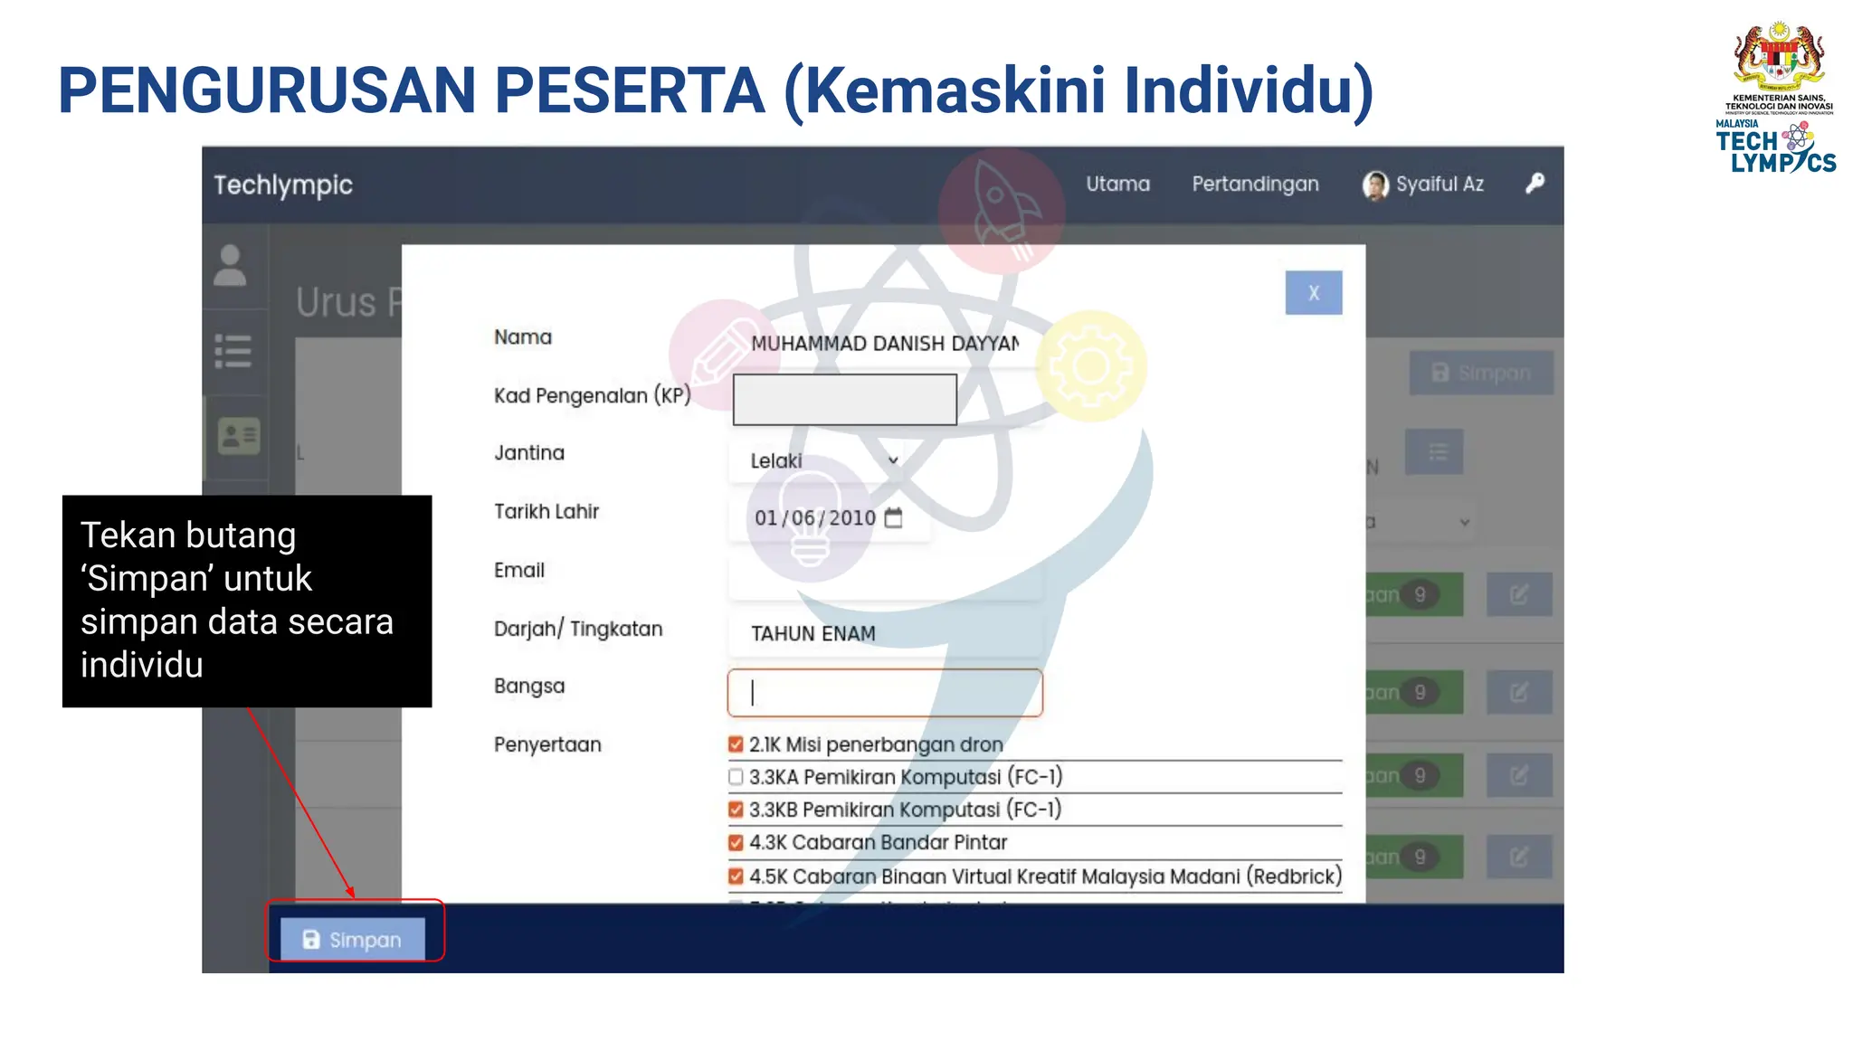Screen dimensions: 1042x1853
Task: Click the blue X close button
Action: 1313,293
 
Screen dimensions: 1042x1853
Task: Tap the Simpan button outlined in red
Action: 353,939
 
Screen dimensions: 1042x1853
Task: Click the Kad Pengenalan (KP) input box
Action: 844,400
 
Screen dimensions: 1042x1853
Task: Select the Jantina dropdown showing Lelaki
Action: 823,460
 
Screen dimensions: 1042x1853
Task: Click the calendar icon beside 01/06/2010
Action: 893,517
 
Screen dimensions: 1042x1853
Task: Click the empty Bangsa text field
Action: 884,693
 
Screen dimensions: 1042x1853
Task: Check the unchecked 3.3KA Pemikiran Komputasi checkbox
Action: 736,777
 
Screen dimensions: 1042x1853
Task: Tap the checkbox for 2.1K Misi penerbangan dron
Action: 736,744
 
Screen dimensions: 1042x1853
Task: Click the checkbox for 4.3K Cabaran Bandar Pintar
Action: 736,842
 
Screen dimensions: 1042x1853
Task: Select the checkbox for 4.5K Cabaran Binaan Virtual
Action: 736,876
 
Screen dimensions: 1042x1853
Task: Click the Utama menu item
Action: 1117,185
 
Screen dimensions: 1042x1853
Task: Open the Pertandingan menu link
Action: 1255,185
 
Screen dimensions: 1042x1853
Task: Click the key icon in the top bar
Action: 1535,184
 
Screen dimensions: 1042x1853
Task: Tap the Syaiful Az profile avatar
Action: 1375,185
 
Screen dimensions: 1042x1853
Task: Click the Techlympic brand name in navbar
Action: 283,185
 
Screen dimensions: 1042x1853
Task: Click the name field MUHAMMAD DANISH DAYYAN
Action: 884,344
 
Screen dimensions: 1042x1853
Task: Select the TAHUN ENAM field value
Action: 812,634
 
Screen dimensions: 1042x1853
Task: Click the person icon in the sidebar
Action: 230,266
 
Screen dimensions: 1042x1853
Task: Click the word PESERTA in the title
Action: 630,90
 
